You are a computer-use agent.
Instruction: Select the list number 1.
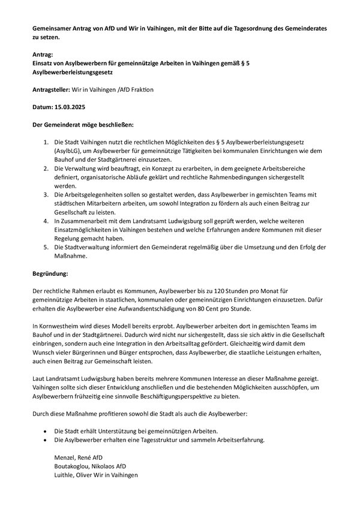point(47,141)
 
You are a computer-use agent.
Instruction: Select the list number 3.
point(47,195)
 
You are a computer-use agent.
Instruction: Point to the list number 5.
point(47,248)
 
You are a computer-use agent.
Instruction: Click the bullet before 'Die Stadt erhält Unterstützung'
point(46,431)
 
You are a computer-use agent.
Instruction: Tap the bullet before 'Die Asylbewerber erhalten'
point(46,440)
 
